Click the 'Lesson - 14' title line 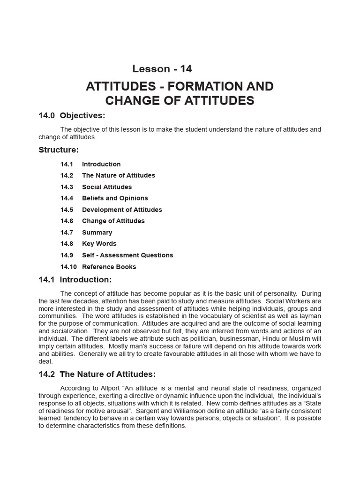(x=162, y=68)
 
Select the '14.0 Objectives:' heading (x=72, y=115)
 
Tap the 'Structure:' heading (x=59, y=150)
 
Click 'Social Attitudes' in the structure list (x=107, y=187)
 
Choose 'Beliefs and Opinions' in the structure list (x=115, y=198)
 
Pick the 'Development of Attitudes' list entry (x=122, y=210)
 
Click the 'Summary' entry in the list (x=97, y=232)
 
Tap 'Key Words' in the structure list (x=99, y=244)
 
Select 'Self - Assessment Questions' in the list (x=127, y=255)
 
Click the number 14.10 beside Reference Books (x=68, y=267)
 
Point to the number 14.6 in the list (x=67, y=221)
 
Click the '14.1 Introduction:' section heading (x=75, y=280)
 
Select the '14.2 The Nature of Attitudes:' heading (x=97, y=374)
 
